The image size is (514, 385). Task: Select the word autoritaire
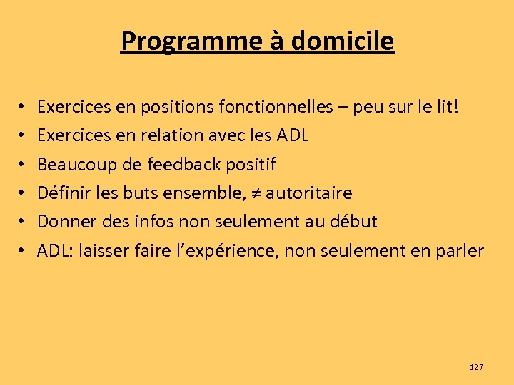point(308,193)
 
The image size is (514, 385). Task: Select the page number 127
point(476,367)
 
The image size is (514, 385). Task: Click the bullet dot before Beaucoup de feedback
point(23,165)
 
